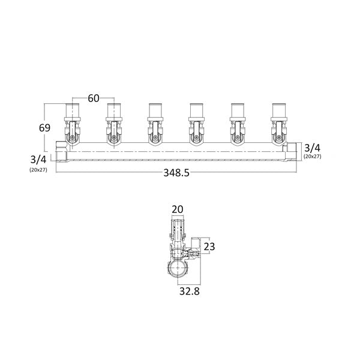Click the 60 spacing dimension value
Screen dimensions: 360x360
(x=94, y=98)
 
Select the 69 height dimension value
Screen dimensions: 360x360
(x=44, y=128)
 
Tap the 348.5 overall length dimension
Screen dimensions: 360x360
(x=176, y=173)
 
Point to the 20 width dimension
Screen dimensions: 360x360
(x=178, y=209)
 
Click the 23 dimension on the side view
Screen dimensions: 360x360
(x=209, y=247)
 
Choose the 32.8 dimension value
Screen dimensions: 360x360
(x=190, y=292)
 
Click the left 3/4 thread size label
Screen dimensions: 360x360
(x=38, y=160)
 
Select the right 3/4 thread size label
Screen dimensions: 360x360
(x=312, y=148)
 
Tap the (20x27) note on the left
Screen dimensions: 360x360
(x=38, y=170)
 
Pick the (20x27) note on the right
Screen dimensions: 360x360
(x=312, y=157)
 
